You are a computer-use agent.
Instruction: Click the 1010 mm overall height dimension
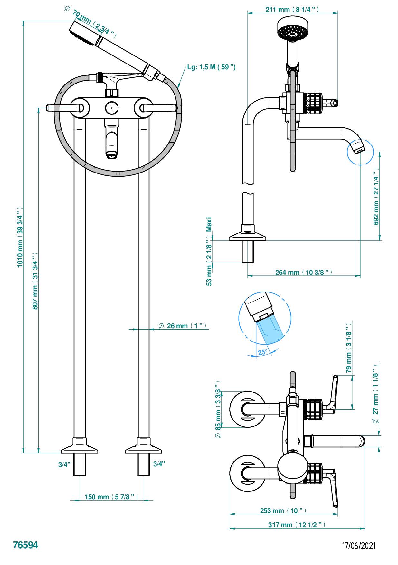pos(20,237)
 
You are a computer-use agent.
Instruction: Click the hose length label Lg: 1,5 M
pos(211,67)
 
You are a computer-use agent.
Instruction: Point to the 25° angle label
pos(262,352)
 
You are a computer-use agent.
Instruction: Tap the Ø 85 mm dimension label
pos(218,410)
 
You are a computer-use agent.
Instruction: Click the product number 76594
pos(25,545)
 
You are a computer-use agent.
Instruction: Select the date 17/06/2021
pos(359,546)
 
